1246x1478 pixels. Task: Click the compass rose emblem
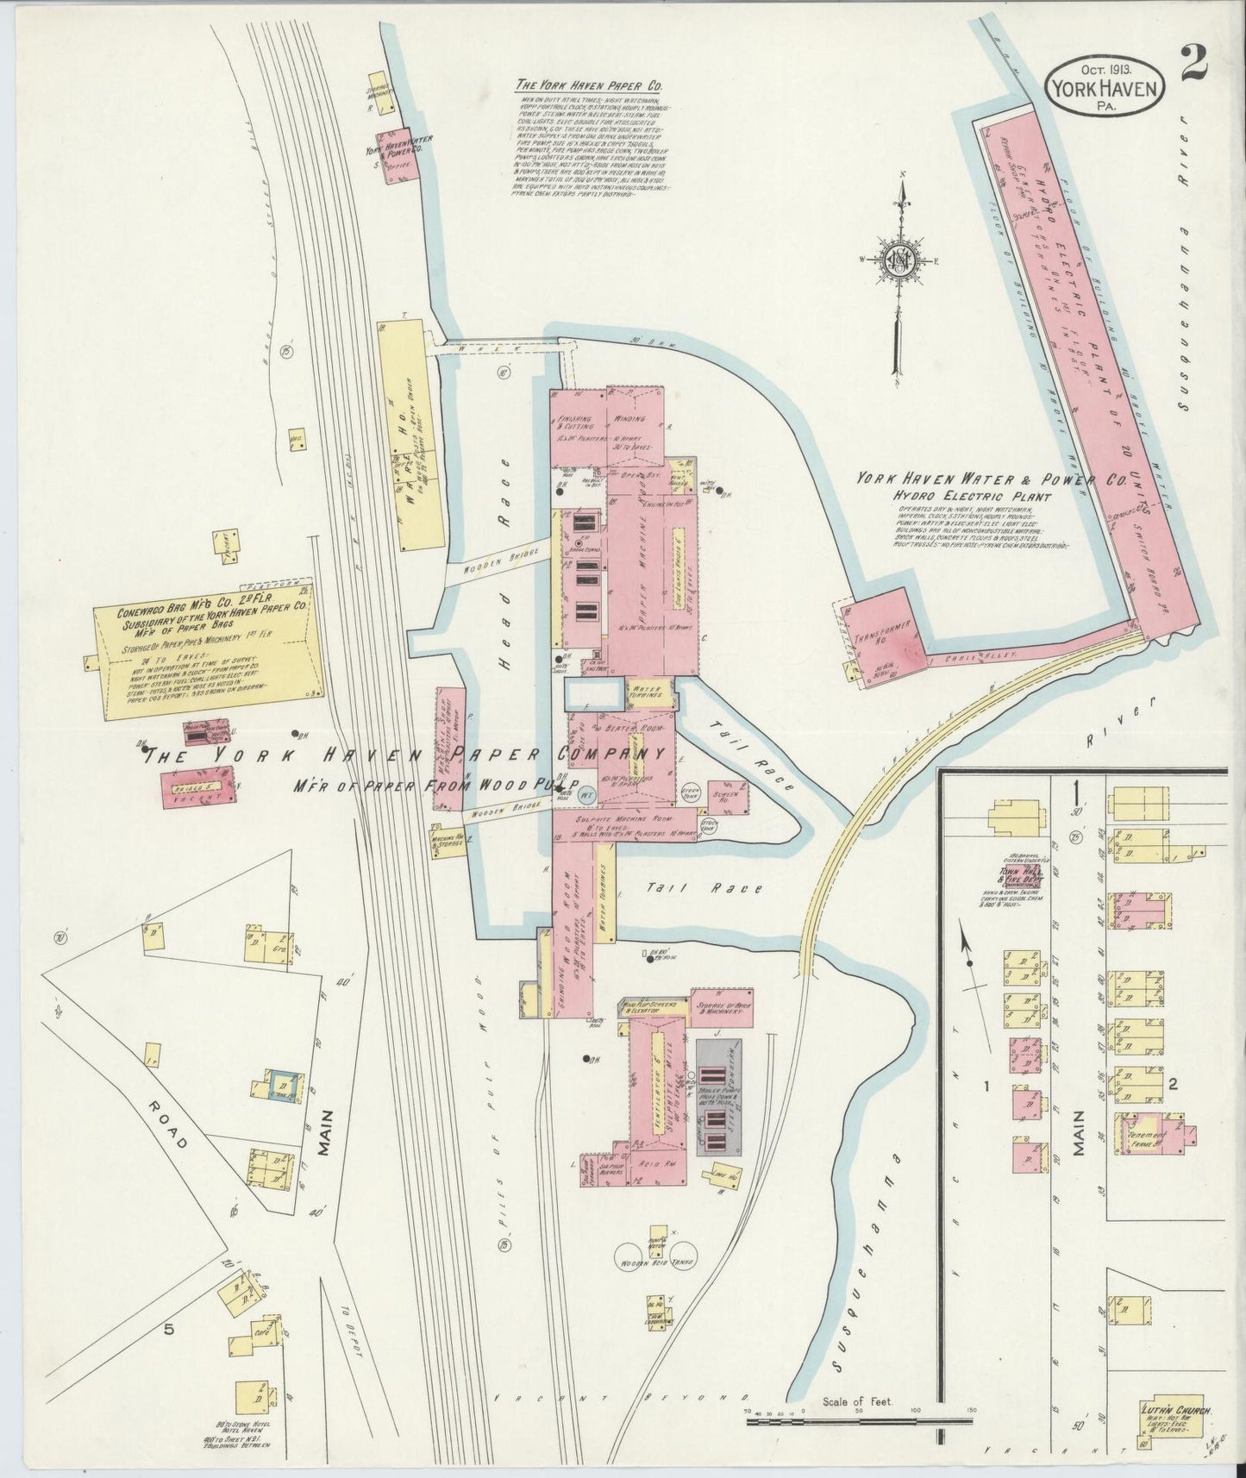899,258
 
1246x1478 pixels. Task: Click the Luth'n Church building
1176,1419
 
